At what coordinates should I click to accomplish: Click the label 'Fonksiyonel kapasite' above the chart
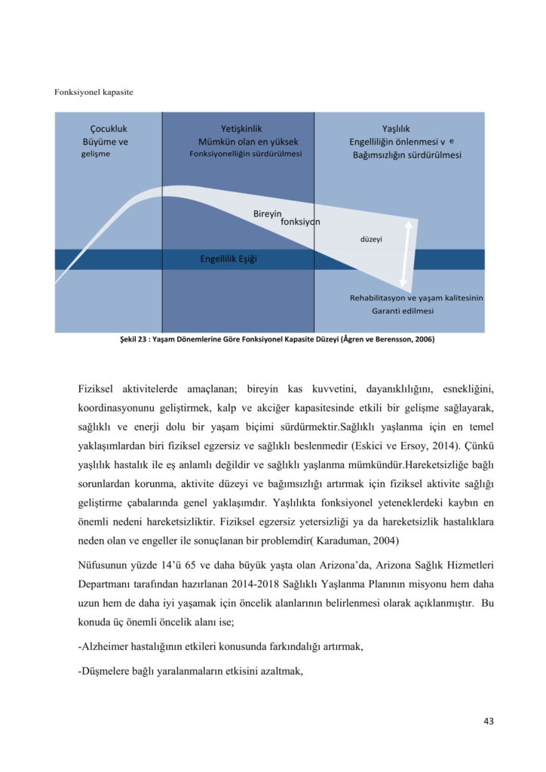tap(94, 92)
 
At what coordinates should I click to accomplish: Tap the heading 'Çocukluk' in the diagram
tap(109, 129)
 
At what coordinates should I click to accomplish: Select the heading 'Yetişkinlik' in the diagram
tap(241, 129)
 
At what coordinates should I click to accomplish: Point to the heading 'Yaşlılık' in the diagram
tap(396, 129)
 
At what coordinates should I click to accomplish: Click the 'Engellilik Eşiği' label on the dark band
tap(229, 259)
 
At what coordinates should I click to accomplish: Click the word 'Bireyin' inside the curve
tap(268, 214)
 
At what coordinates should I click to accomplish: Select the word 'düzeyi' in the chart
tap(371, 239)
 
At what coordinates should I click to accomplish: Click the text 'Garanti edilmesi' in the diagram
tap(403, 311)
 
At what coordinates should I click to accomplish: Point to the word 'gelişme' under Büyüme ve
tap(96, 154)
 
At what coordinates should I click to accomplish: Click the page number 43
tap(488, 721)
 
